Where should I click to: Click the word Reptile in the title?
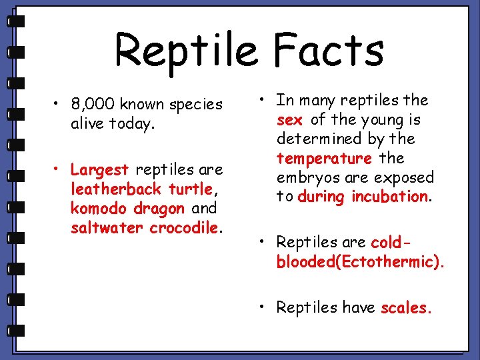pos(185,51)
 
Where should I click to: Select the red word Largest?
pos(99,169)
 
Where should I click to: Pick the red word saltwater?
pos(107,228)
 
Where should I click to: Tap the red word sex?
pos(290,120)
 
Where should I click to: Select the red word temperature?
pos(324,159)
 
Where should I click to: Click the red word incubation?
pos(390,197)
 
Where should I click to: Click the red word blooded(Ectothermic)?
pos(359,261)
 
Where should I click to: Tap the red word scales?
pos(407,308)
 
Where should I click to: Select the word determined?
pos(318,139)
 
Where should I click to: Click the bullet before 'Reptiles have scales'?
pos(264,307)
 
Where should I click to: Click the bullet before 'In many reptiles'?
pos(264,101)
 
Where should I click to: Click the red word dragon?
pos(159,209)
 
